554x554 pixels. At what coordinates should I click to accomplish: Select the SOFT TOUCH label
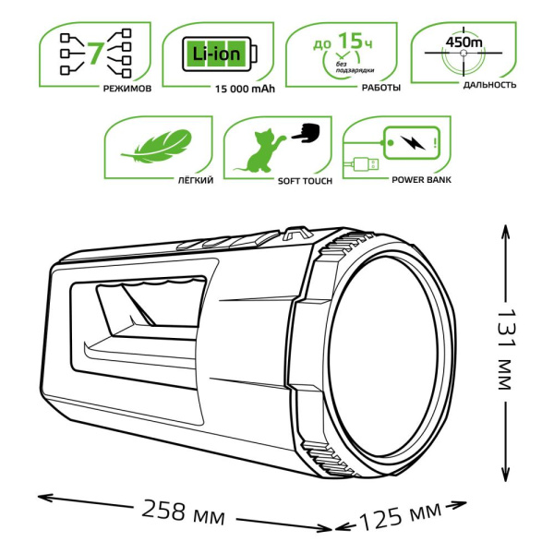302,181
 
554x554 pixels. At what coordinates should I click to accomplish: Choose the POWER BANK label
422,181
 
